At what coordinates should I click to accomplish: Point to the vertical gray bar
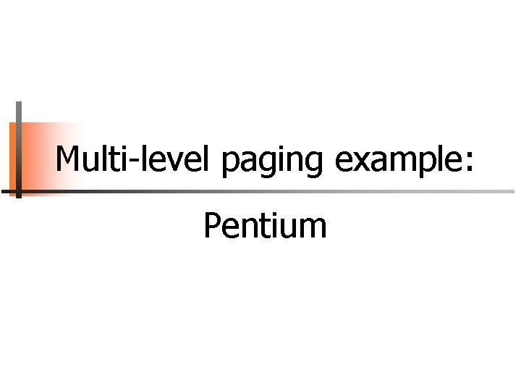(x=19, y=148)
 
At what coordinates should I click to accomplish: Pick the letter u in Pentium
(x=290, y=229)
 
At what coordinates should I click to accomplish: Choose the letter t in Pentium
(x=260, y=227)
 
